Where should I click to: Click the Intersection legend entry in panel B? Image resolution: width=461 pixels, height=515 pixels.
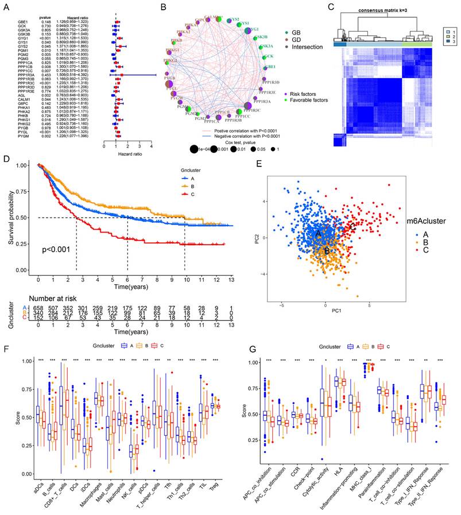pyautogui.click(x=301, y=47)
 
